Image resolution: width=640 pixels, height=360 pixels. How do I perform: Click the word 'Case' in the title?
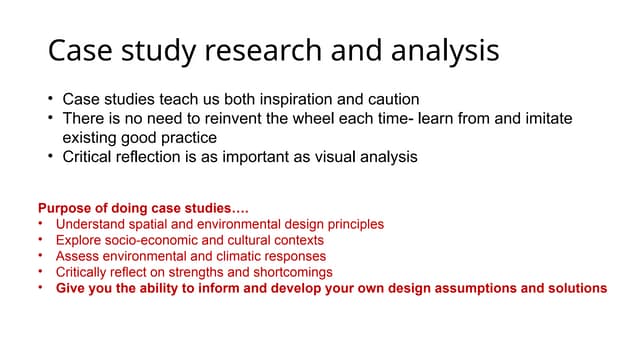click(x=78, y=50)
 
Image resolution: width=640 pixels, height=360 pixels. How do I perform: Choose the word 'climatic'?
click(x=237, y=256)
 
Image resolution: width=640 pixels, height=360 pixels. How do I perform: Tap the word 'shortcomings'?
click(x=290, y=272)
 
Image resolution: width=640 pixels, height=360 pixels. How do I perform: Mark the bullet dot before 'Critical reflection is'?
click(x=50, y=157)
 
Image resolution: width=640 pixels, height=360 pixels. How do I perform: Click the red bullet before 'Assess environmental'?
click(x=41, y=256)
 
